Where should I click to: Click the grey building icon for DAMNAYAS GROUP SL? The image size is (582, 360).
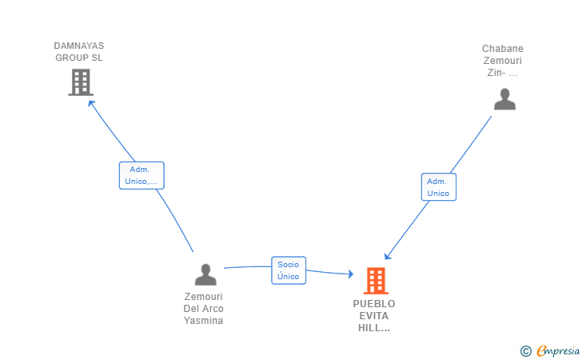pos(81,82)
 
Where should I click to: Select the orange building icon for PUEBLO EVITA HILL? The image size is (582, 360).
pos(375,281)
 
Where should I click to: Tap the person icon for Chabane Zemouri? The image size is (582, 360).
pos(504,99)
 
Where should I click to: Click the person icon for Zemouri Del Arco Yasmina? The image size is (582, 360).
pos(205,274)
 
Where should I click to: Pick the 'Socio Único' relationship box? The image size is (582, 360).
pos(288,270)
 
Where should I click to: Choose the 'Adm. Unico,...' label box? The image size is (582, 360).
pos(142,175)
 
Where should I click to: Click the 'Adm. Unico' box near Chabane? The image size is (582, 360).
pos(438,187)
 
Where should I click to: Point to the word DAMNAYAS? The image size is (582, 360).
pos(79,46)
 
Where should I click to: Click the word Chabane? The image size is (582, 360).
pos(503,49)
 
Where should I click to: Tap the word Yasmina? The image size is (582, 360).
pos(204,321)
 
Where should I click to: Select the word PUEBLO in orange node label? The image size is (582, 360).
pos(374,304)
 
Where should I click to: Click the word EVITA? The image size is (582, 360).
pos(374,316)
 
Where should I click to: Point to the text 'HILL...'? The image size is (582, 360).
pos(374,328)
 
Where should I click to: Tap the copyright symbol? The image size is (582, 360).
pos(525,350)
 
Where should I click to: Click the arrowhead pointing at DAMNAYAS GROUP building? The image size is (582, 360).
pos(90,102)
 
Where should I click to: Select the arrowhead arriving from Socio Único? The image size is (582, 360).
pos(349,274)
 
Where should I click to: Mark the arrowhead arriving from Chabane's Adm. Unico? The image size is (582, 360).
pos(387,256)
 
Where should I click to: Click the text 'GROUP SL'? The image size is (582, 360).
pos(79,58)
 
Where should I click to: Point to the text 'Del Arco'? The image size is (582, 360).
pos(204,309)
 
